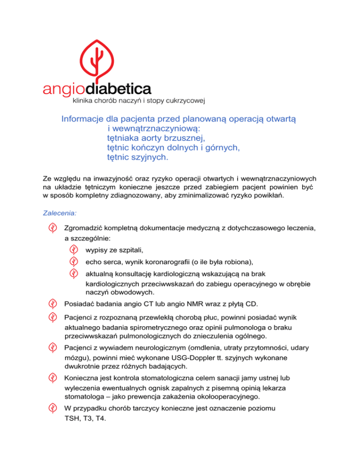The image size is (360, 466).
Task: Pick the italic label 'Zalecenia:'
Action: point(60,212)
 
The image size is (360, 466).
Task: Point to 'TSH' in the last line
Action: point(72,419)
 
